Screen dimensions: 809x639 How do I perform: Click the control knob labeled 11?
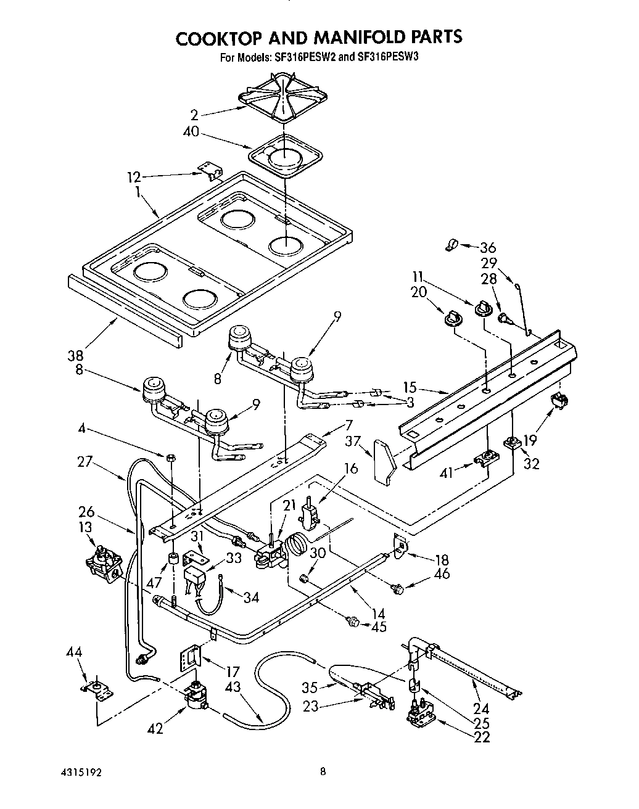pyautogui.click(x=482, y=306)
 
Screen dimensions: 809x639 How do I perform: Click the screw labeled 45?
pyautogui.click(x=353, y=622)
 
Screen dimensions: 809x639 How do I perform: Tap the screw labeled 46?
pyautogui.click(x=398, y=589)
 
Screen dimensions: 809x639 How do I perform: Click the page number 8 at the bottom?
pyautogui.click(x=323, y=771)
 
